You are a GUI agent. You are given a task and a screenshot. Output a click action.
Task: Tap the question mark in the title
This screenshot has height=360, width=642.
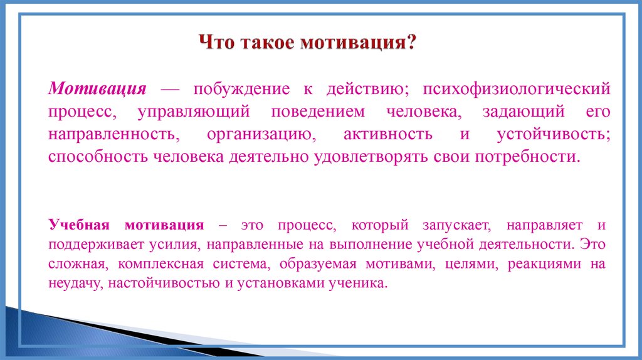(x=411, y=45)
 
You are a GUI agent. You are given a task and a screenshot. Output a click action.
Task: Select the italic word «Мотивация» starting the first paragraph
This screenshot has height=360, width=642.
(x=98, y=88)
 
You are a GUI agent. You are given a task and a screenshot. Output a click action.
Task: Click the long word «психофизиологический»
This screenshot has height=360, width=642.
(x=516, y=88)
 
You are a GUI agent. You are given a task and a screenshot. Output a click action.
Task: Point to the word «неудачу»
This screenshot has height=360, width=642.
(x=75, y=283)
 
